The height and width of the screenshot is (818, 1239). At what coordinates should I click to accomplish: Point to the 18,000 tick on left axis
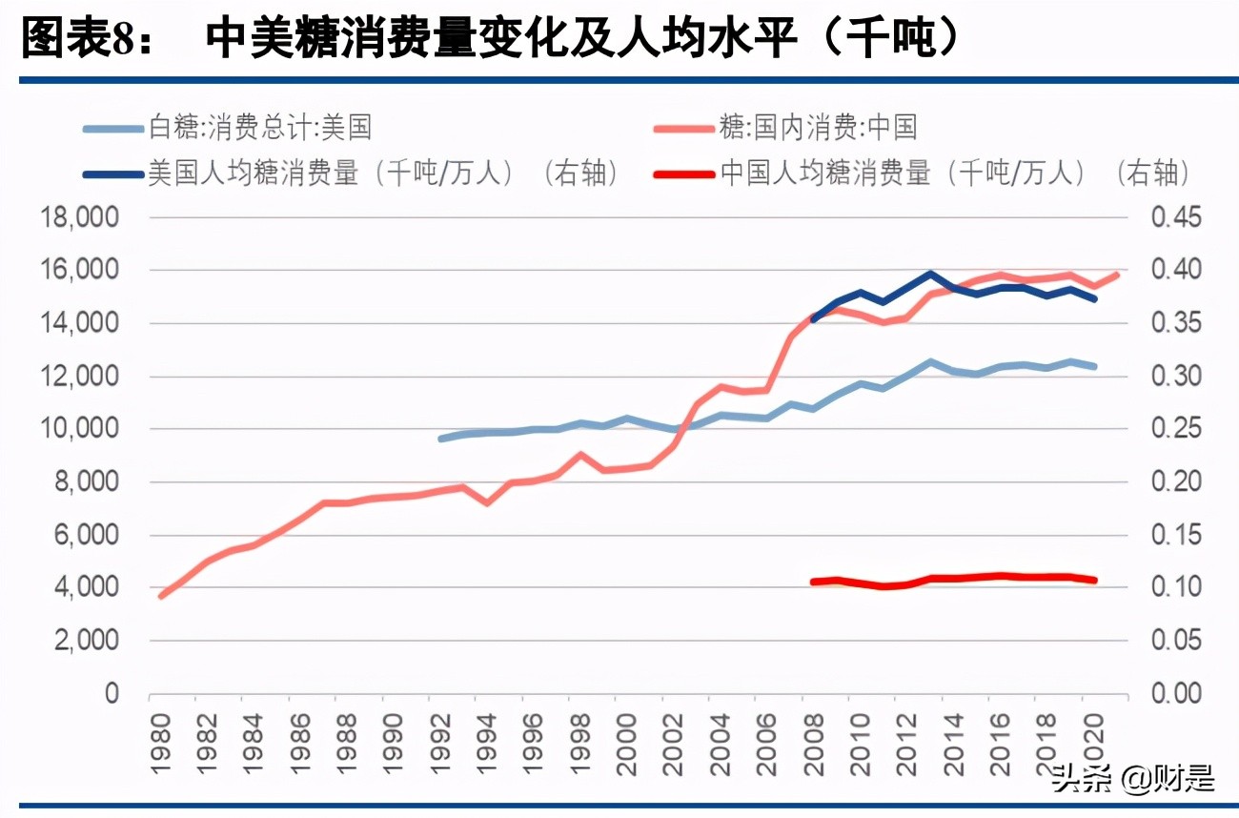point(80,218)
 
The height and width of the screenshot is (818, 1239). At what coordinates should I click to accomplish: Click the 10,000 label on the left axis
point(80,430)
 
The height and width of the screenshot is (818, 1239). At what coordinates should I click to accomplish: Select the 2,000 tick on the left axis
point(86,642)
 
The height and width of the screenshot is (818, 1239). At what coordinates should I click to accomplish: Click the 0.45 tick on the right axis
point(1176,218)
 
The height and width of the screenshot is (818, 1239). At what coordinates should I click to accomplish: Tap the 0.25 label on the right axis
point(1176,430)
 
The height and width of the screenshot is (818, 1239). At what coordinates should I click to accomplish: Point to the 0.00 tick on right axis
point(1176,694)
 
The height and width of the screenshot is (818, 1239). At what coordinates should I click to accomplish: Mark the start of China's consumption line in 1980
point(162,596)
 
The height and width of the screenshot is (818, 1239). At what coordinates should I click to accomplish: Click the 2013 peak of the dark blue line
point(929,274)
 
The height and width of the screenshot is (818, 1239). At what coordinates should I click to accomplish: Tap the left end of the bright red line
point(812,582)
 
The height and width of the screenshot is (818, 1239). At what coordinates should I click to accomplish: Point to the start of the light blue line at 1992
point(440,439)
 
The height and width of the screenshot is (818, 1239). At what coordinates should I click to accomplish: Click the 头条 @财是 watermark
point(1134,779)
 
